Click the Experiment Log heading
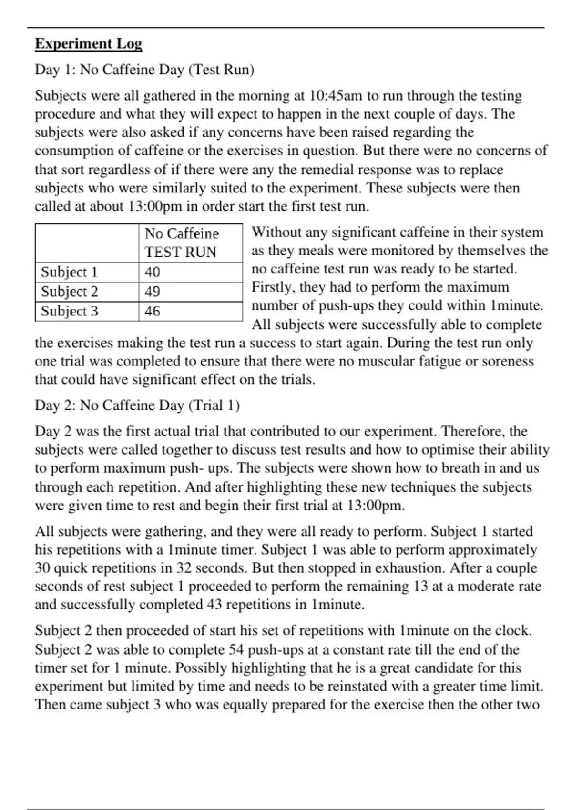click(88, 44)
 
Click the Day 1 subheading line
click(144, 70)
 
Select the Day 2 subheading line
click(137, 405)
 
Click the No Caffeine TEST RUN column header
click(182, 243)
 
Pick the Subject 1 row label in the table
click(69, 272)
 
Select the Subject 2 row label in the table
click(69, 292)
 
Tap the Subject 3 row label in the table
click(69, 311)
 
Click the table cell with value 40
click(153, 272)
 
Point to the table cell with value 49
click(153, 292)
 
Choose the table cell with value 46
click(153, 311)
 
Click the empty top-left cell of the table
click(87, 243)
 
